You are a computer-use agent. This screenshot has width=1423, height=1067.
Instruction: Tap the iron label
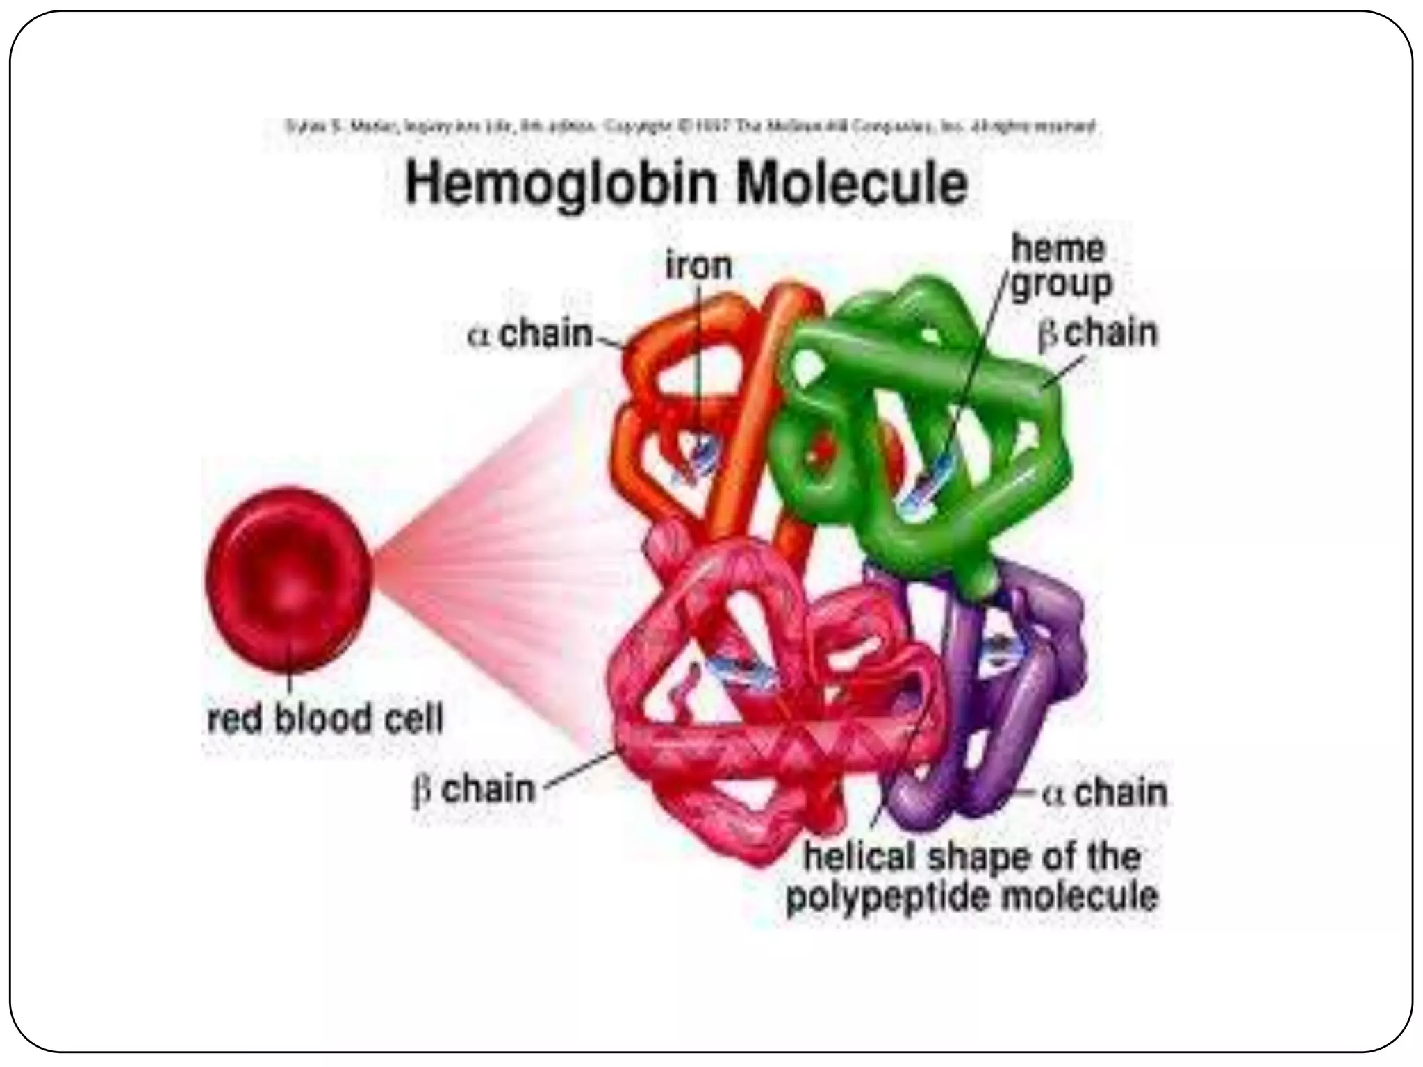point(698,266)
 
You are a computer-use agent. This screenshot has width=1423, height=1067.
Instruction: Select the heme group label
point(1060,267)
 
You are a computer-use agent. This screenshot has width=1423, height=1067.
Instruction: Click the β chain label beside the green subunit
point(1098,333)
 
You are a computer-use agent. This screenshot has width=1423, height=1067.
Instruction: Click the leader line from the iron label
point(699,361)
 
